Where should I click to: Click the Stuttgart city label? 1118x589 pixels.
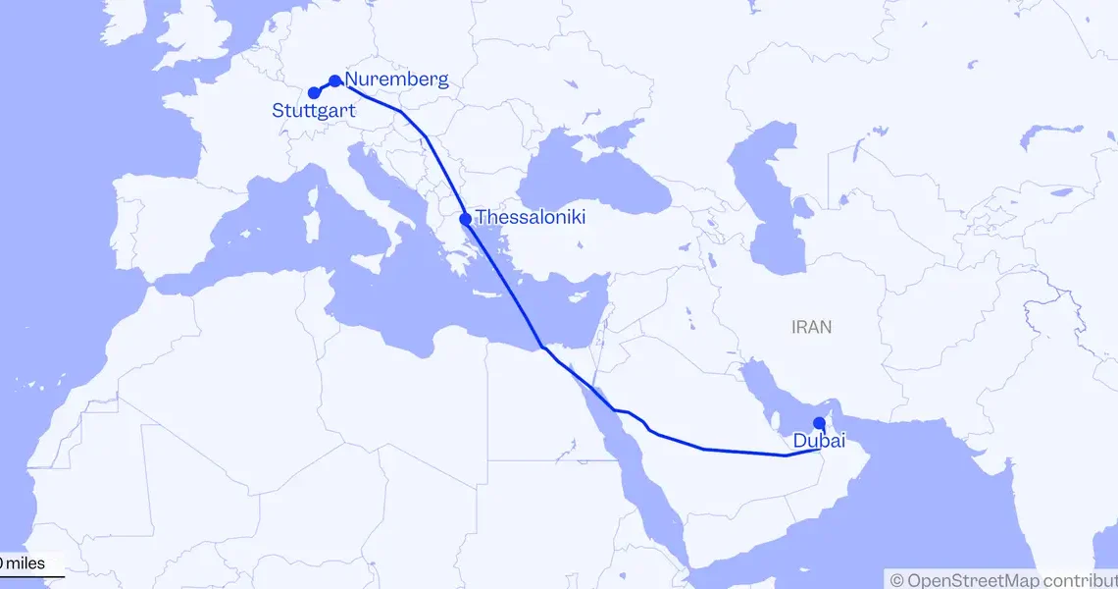tap(314, 111)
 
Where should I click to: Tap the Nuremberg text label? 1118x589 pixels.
tap(396, 80)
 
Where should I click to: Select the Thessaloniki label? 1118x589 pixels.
tap(531, 217)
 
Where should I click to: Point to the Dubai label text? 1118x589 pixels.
tap(820, 442)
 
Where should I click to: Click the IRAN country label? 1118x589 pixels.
tap(811, 328)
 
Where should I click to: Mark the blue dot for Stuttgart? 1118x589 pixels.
tap(313, 92)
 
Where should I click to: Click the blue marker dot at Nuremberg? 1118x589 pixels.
tap(334, 80)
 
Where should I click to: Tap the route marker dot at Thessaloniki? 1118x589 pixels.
tap(465, 219)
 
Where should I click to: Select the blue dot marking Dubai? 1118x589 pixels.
tap(819, 423)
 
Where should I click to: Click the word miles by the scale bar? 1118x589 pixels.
tap(35, 563)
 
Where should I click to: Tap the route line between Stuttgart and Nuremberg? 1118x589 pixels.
tap(324, 86)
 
